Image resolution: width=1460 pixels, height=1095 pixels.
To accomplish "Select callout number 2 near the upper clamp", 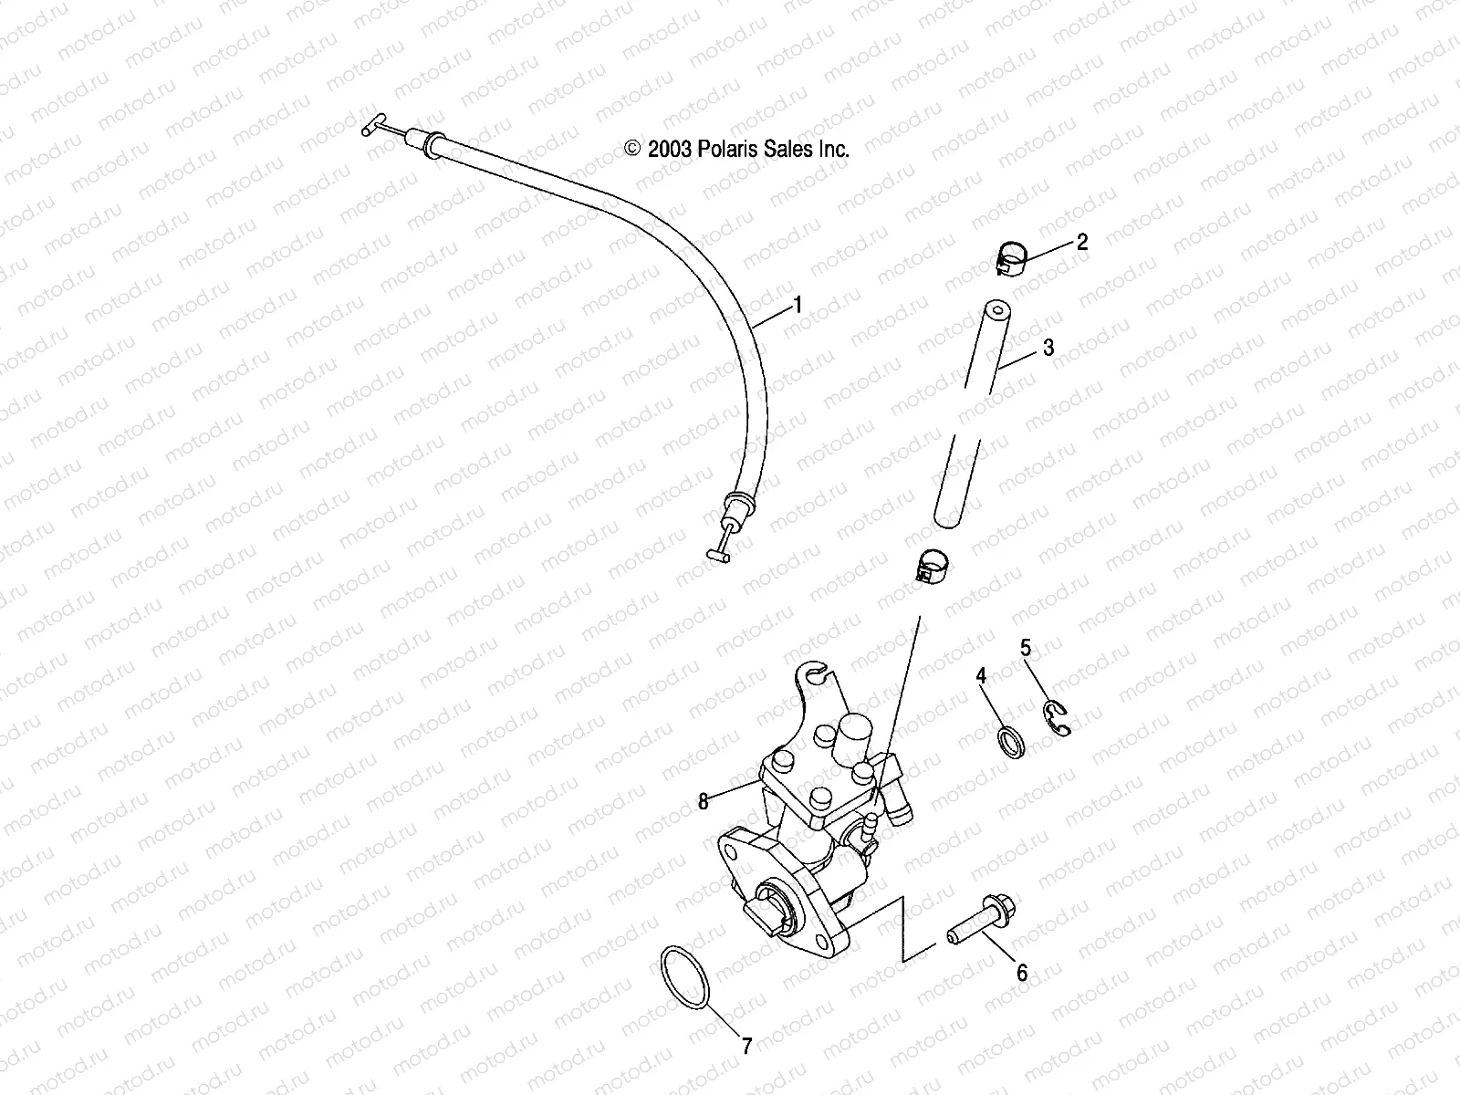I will click(1082, 242).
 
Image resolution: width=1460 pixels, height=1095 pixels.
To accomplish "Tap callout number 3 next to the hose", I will click(1048, 348).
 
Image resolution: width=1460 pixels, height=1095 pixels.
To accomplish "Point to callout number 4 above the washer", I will click(982, 675).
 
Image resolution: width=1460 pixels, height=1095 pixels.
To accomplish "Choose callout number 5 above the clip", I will click(1026, 648).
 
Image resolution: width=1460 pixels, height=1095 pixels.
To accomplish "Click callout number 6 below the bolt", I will click(1022, 974).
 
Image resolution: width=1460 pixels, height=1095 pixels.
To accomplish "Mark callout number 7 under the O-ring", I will click(746, 1047).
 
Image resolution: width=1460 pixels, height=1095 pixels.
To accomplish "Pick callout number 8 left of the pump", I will click(704, 801).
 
